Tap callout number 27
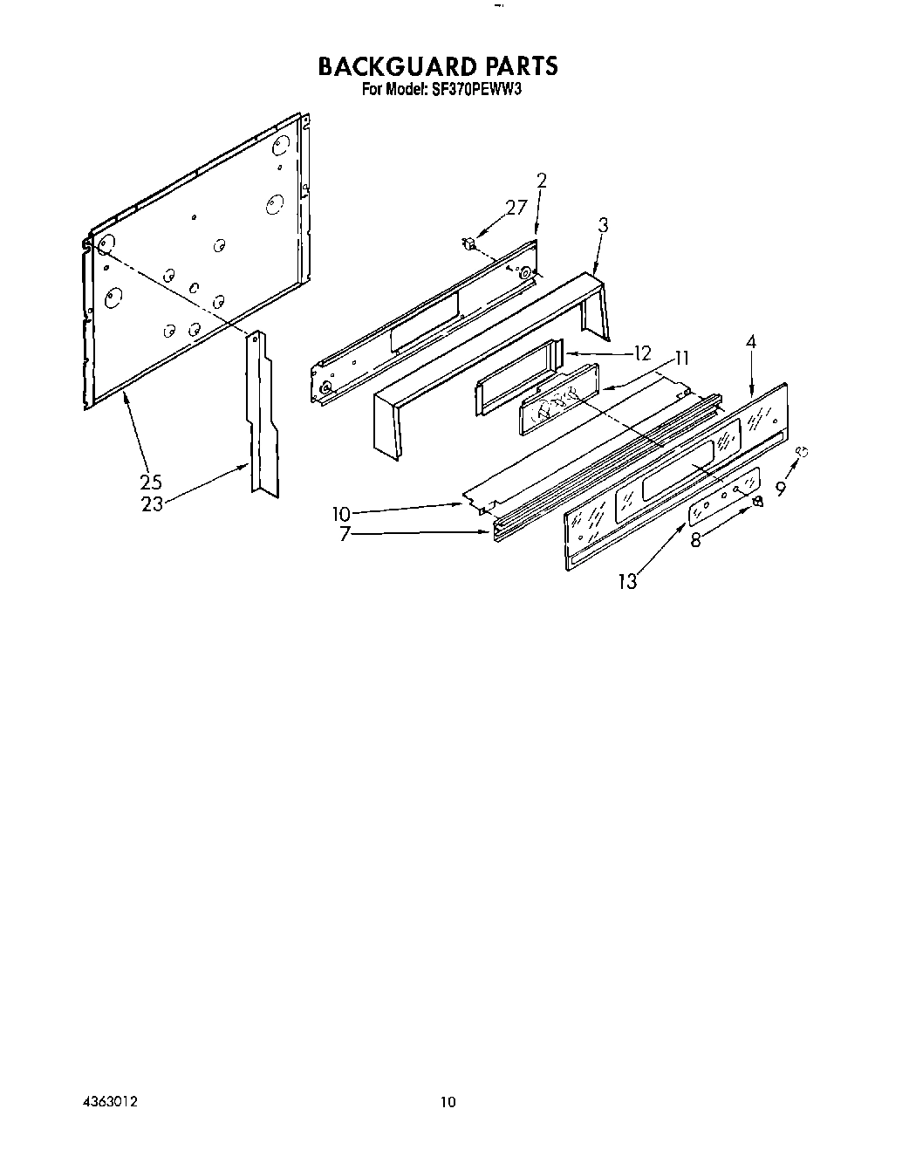click(x=516, y=208)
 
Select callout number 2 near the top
click(x=542, y=181)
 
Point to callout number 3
click(x=603, y=225)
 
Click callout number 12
click(x=642, y=353)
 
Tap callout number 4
click(x=750, y=343)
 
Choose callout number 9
click(x=781, y=489)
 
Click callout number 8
click(x=695, y=540)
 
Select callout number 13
click(x=628, y=581)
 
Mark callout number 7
click(x=345, y=534)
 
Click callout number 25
click(x=150, y=481)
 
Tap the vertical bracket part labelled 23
click(x=262, y=410)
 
